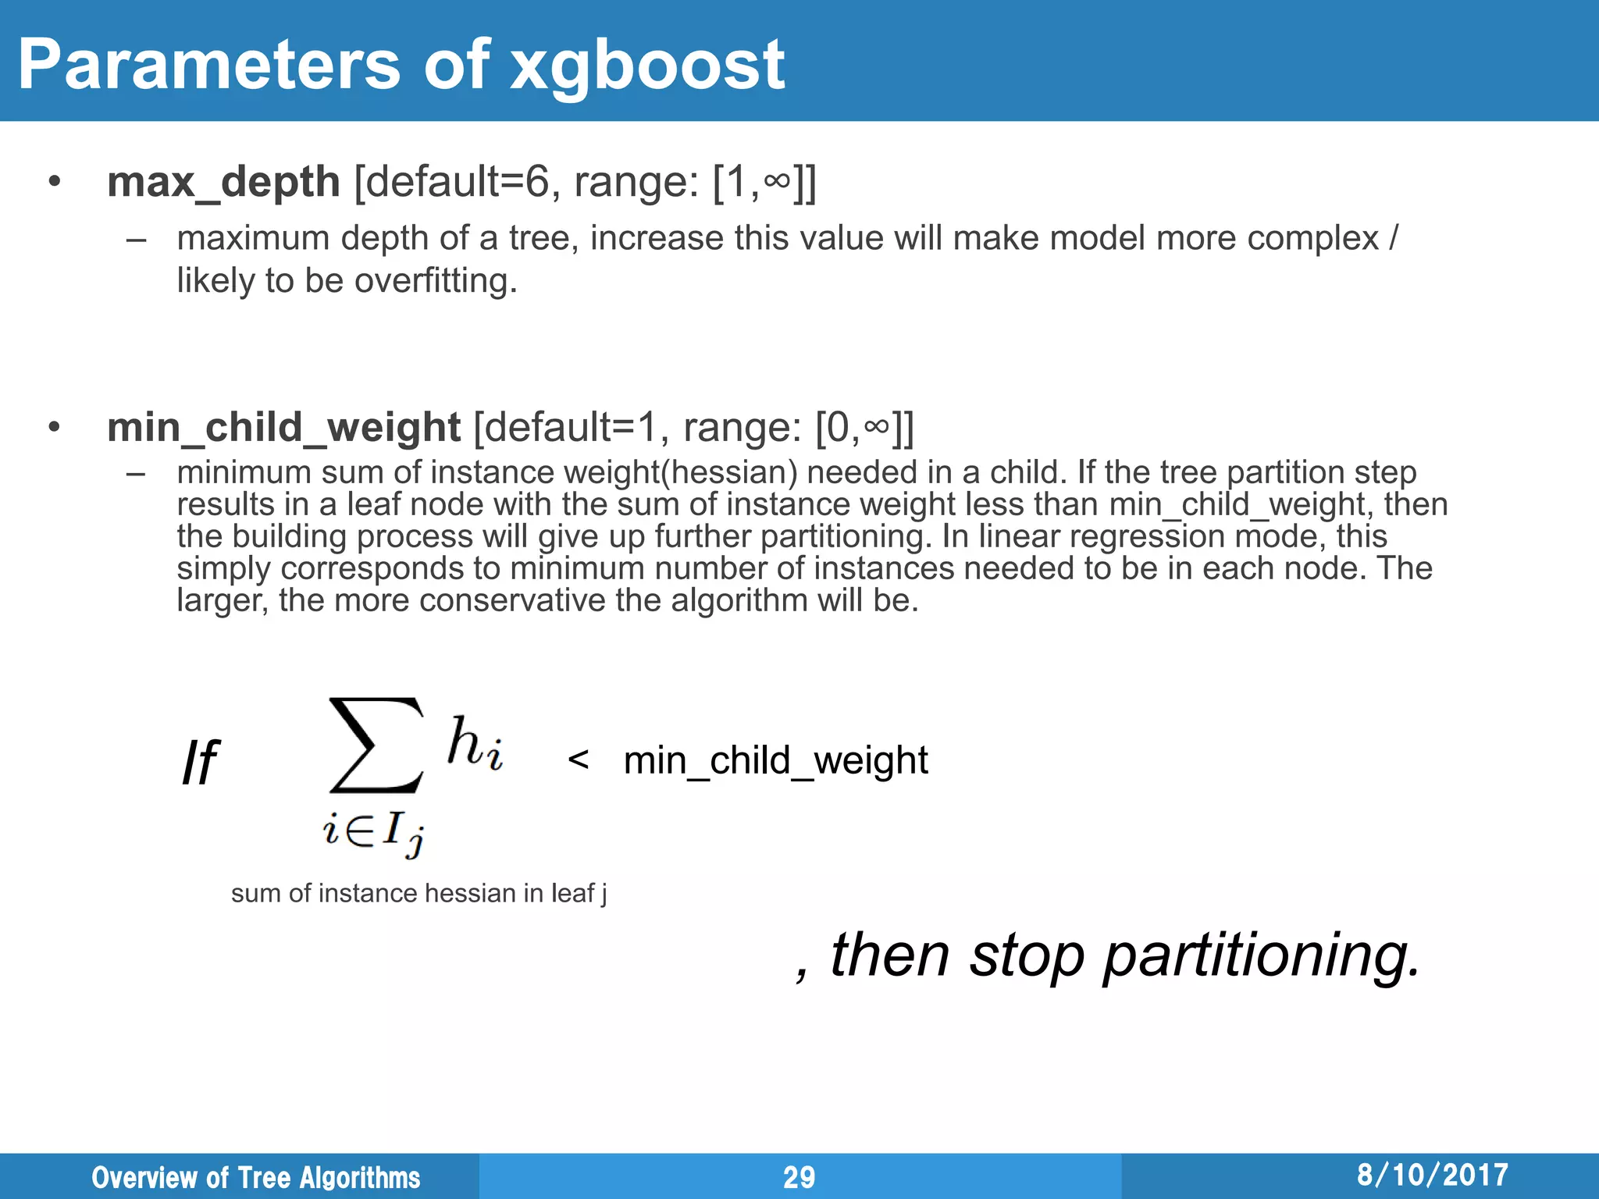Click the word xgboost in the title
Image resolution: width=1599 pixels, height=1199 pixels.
tap(647, 66)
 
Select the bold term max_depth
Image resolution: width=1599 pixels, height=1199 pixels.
tap(223, 182)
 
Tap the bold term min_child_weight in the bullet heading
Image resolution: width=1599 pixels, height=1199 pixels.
tap(283, 428)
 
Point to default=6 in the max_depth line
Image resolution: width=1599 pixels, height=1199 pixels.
tap(458, 182)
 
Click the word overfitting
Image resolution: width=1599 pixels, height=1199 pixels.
tap(436, 280)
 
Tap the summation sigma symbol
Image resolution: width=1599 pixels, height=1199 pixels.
tap(376, 745)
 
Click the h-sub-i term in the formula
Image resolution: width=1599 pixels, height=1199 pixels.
tap(475, 742)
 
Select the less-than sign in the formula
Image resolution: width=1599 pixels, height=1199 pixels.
tap(578, 759)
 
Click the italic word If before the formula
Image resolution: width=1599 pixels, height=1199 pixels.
tap(200, 762)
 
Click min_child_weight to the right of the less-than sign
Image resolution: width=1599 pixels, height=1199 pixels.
tap(776, 760)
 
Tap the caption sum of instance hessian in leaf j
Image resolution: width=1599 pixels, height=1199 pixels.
tap(418, 893)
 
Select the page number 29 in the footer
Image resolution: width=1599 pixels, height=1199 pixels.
tap(799, 1177)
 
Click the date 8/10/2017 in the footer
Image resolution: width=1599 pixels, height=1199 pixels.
tap(1432, 1175)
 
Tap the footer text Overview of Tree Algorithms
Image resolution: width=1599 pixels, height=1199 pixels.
tap(255, 1177)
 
